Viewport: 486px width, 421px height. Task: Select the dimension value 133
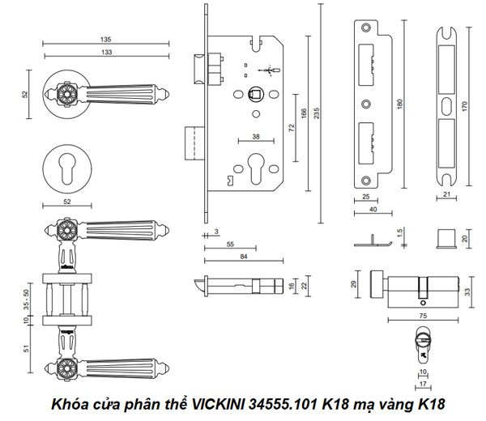click(x=105, y=52)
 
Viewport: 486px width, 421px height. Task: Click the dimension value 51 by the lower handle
click(x=27, y=350)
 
